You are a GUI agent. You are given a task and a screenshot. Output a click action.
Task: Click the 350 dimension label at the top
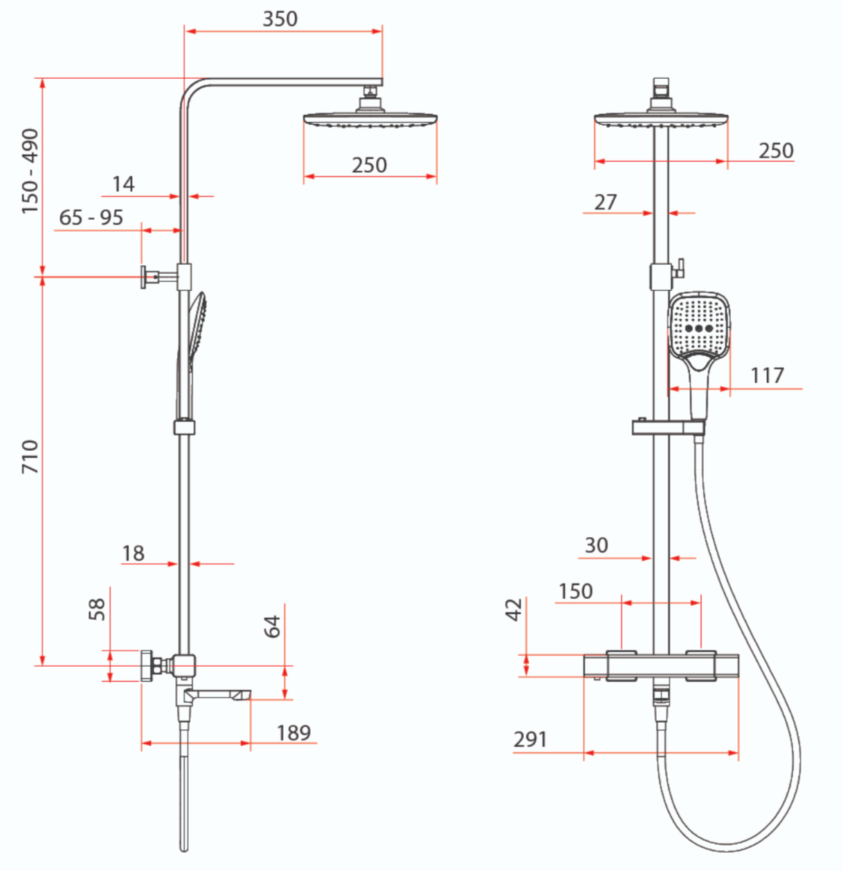click(280, 19)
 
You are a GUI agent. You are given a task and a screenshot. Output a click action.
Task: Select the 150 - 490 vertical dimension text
click(30, 171)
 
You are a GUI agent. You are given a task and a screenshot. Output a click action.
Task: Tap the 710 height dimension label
click(30, 456)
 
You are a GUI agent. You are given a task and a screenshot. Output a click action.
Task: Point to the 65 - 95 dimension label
click(91, 218)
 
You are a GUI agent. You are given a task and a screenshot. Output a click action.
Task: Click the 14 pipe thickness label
click(123, 184)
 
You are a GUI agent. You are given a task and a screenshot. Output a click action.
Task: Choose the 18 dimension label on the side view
click(133, 553)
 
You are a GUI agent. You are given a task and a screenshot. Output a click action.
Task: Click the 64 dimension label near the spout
click(273, 626)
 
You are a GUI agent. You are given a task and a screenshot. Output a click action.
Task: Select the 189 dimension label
click(293, 732)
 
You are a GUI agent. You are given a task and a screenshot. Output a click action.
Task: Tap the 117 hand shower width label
click(767, 376)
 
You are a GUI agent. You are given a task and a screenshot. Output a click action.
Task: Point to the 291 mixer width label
click(530, 740)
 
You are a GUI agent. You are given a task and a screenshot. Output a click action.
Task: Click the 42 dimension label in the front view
click(514, 610)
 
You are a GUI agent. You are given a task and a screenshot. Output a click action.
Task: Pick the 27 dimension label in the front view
click(605, 202)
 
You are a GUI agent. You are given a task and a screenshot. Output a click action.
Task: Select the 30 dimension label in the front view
click(595, 546)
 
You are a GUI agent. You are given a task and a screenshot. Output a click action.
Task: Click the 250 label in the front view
click(776, 151)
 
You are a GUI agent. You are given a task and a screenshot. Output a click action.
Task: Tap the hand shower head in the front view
click(699, 324)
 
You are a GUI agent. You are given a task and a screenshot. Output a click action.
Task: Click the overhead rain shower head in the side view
click(370, 119)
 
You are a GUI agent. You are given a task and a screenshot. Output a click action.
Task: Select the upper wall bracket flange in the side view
click(144, 277)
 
